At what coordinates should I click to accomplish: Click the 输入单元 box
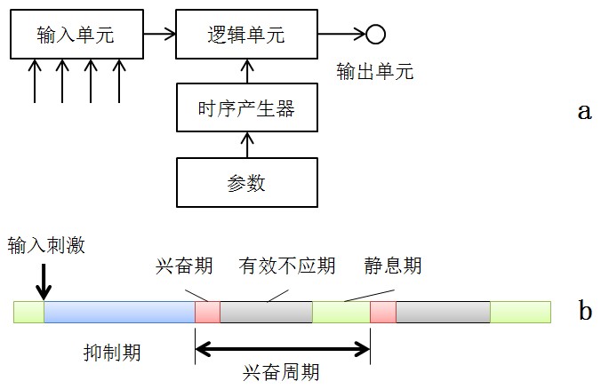[x=76, y=35]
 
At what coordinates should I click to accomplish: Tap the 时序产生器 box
[x=245, y=109]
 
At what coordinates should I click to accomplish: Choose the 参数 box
[x=245, y=184]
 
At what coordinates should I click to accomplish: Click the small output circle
[x=375, y=35]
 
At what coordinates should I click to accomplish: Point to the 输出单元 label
[x=375, y=72]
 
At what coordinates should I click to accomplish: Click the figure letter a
[x=584, y=111]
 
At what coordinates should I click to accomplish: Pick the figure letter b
[x=584, y=311]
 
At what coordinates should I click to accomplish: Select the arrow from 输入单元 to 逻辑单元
[x=160, y=35]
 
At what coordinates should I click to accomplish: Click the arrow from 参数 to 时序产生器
[x=245, y=145]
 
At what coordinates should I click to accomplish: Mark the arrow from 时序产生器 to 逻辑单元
[x=245, y=70]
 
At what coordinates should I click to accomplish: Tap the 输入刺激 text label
[x=46, y=245]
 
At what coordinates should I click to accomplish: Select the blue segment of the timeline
[x=119, y=312]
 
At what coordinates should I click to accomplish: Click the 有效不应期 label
[x=286, y=266]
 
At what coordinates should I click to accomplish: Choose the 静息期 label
[x=392, y=266]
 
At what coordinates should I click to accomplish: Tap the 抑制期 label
[x=107, y=353]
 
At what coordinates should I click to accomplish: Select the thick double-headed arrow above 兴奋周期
[x=282, y=349]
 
